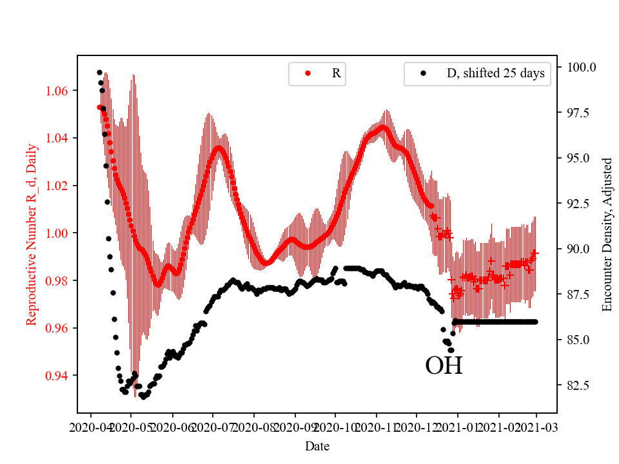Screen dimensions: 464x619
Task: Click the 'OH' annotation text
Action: click(x=444, y=366)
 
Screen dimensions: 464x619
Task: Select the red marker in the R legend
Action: click(x=308, y=73)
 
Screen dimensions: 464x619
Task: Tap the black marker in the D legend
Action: click(x=423, y=73)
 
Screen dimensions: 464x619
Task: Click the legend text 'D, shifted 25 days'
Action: click(x=495, y=73)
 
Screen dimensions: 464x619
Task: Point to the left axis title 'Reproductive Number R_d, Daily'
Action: click(x=31, y=234)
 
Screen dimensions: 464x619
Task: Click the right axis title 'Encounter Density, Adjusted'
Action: click(x=606, y=234)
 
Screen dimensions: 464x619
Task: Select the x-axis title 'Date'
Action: click(x=317, y=446)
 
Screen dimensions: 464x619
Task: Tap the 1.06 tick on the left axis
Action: click(x=57, y=91)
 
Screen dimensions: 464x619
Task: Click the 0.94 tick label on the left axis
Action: click(x=57, y=375)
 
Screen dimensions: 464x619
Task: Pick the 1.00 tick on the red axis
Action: click(x=57, y=233)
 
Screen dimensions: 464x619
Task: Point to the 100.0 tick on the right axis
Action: click(x=581, y=67)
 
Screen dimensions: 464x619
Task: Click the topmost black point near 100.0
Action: click(x=99, y=72)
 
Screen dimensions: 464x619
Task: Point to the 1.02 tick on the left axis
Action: click(x=57, y=186)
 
